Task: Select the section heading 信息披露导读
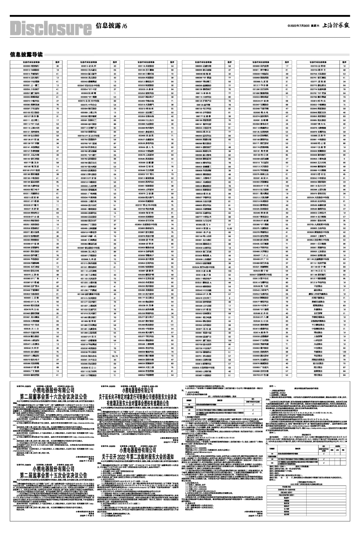pyautogui.click(x=26, y=54)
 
